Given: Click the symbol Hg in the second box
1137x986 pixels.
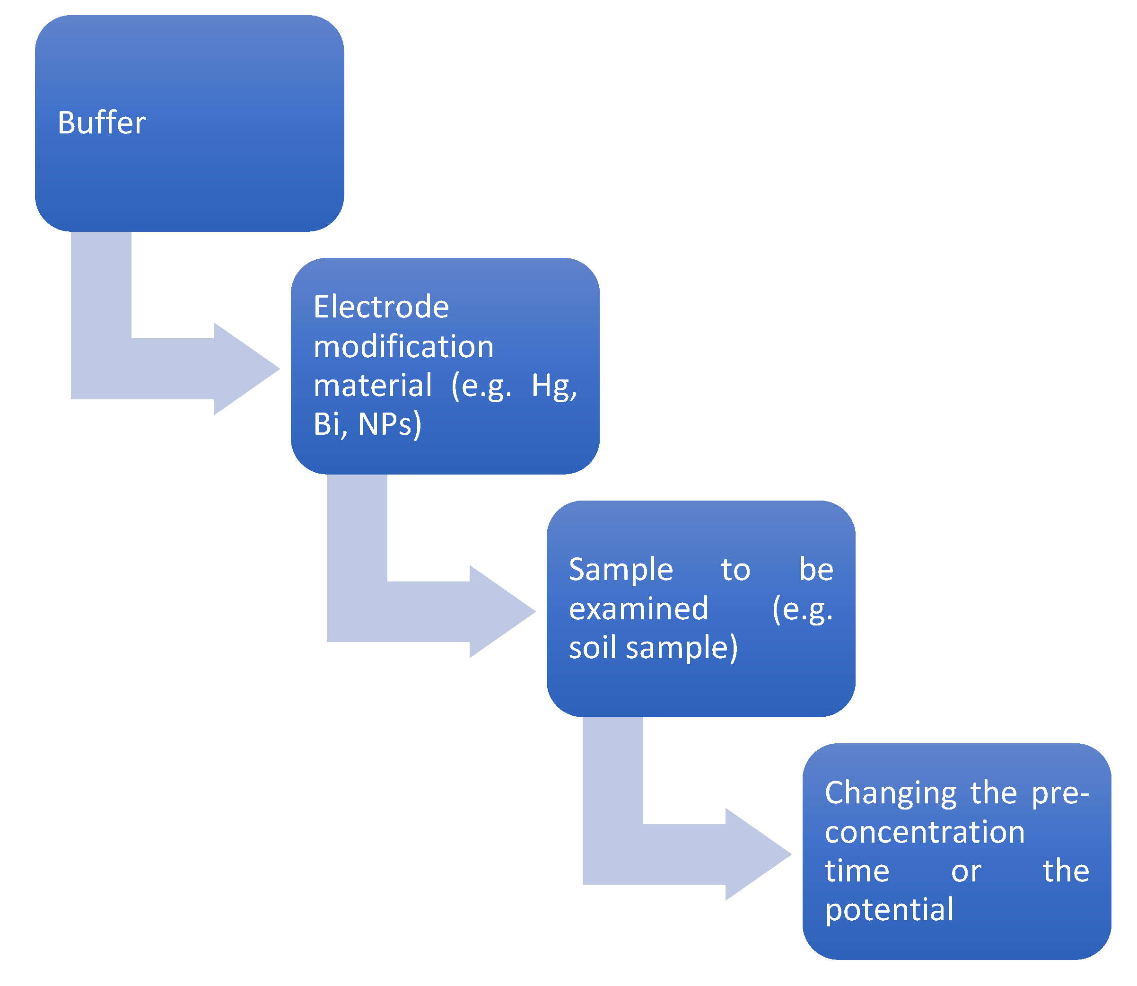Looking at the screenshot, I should [553, 386].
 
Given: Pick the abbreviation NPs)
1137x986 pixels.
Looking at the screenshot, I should [389, 424].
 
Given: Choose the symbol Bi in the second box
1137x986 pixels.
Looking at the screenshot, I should [330, 424].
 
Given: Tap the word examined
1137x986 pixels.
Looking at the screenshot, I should [638, 608].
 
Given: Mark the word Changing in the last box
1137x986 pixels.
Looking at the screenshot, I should [891, 794].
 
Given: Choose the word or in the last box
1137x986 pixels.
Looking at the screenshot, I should [966, 872].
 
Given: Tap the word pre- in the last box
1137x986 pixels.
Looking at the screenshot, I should [1059, 794].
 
